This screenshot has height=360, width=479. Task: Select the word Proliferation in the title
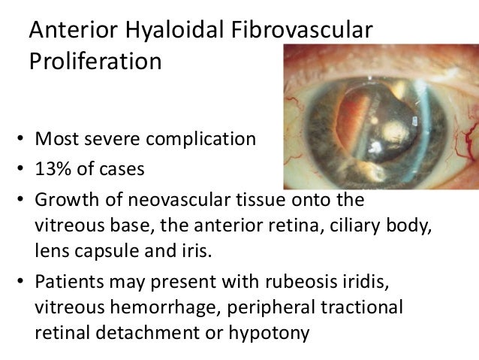coord(95,61)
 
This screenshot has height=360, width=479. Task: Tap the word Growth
coord(63,201)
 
